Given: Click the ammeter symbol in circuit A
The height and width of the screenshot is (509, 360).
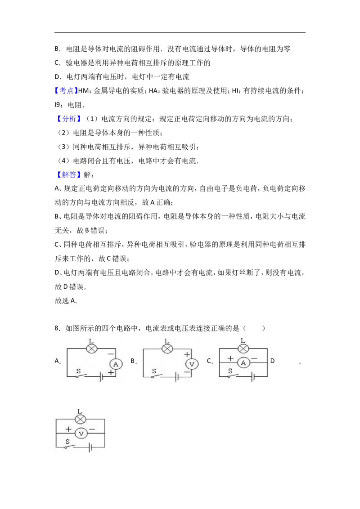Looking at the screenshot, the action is tap(115, 364).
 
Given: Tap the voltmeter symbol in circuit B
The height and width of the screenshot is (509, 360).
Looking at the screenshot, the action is tap(192, 364).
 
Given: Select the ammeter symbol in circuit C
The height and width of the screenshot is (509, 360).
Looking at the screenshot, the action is tap(243, 363).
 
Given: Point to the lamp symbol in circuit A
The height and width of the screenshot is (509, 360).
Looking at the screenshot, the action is tap(91, 348).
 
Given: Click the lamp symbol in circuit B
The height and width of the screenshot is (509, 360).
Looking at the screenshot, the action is tap(167, 348).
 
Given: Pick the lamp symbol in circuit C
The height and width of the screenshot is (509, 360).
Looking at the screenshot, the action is tap(243, 348).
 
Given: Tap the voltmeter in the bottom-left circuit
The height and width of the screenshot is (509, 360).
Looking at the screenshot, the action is tap(81, 433).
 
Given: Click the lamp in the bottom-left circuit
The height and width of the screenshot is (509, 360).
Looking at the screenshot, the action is tap(80, 419).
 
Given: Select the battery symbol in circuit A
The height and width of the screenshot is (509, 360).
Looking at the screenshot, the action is tap(102, 377).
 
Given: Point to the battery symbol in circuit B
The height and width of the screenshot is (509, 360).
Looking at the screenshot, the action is tap(177, 377).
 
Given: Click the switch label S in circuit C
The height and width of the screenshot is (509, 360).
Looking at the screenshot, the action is tap(230, 371).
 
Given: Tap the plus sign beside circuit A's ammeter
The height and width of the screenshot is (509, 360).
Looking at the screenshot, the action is tap(112, 373).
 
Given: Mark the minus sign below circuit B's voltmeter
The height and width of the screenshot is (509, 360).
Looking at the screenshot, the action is tap(187, 372).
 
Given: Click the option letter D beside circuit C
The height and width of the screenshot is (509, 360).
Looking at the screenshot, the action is tap(272, 361).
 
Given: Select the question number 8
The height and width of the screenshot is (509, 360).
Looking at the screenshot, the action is tap(58, 328).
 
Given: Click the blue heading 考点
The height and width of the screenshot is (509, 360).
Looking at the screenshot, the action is tap(66, 90).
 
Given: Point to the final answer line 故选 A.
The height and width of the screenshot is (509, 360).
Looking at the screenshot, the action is tap(66, 301).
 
